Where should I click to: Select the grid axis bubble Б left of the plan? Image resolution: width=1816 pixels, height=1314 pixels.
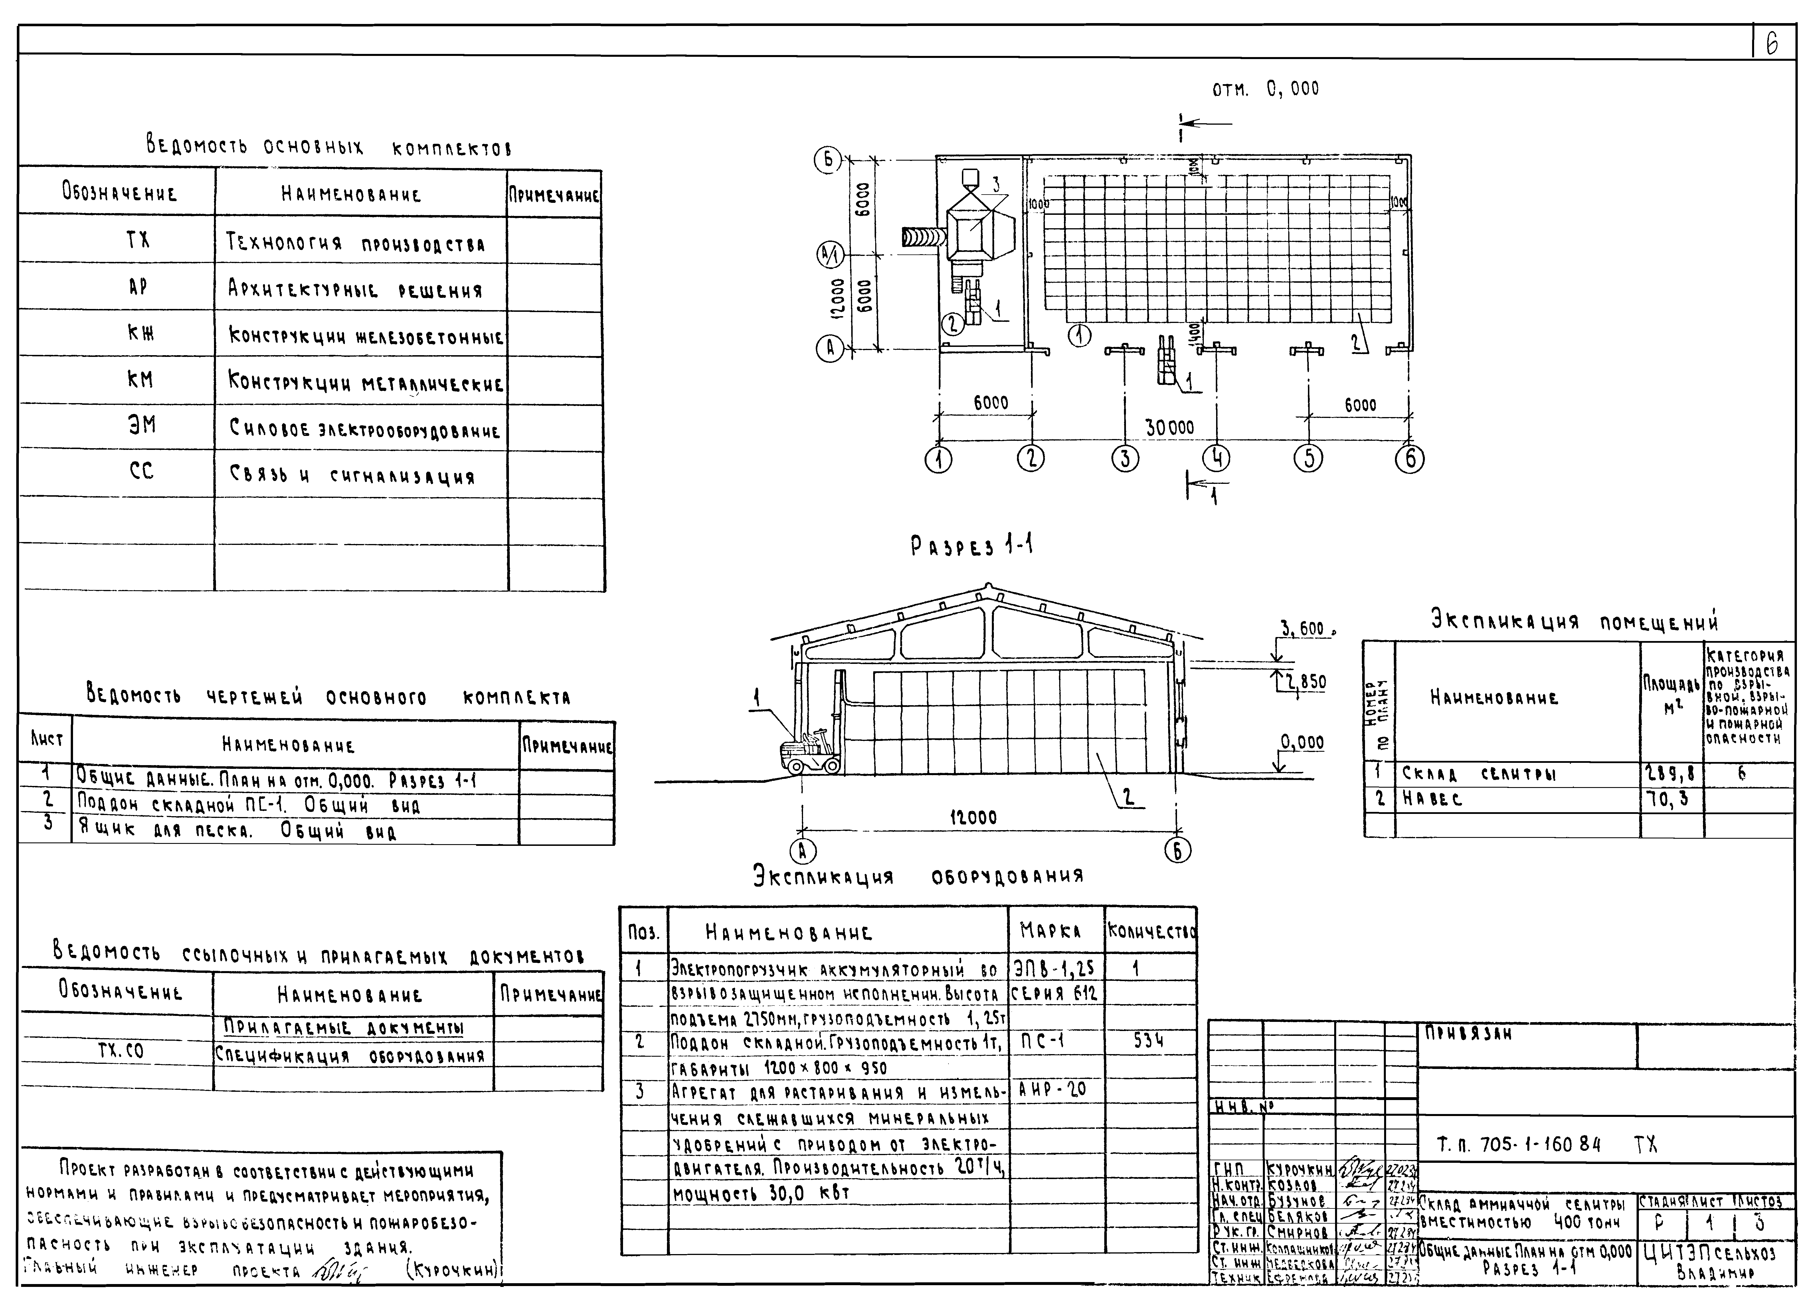pyautogui.click(x=828, y=161)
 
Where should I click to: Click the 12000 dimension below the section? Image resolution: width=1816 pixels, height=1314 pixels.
pyautogui.click(x=973, y=818)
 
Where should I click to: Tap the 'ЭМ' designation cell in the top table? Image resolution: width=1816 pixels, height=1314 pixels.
pyautogui.click(x=142, y=425)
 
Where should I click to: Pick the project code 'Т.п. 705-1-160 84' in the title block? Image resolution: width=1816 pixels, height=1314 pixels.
pyautogui.click(x=1518, y=1145)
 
